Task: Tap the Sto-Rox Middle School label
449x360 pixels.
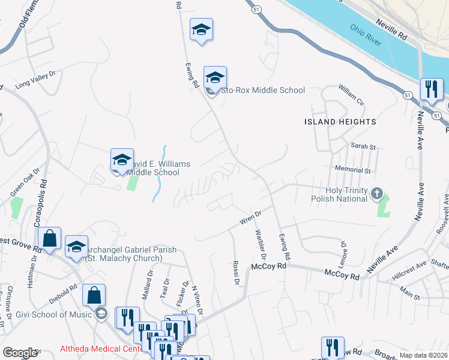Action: [x=263, y=91]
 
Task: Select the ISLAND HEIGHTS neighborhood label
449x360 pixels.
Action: [x=340, y=122]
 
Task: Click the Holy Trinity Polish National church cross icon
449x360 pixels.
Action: [x=376, y=193]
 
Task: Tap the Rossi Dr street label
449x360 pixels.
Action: [x=236, y=273]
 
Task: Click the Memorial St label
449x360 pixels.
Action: [x=354, y=170]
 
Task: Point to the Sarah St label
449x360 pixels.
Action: [x=363, y=146]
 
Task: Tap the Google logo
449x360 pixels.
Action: [x=19, y=353]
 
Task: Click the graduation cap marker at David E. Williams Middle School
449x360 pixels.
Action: [x=122, y=161]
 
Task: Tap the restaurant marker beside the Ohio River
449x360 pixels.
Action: [x=432, y=89]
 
